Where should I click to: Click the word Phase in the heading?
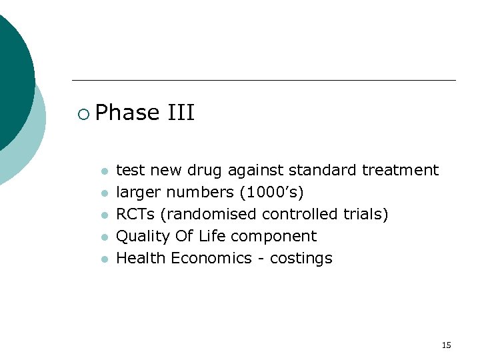pos(127,113)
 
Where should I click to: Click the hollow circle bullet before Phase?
pos(83,115)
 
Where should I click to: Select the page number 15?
pos(446,345)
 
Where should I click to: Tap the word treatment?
pos(400,171)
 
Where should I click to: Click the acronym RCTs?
pos(135,215)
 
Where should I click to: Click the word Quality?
pos(143,237)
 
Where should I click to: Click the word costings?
pos(301,259)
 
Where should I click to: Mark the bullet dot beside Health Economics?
pos(104,259)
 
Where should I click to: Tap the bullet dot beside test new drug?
pos(104,171)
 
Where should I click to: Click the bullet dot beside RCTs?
pos(104,215)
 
